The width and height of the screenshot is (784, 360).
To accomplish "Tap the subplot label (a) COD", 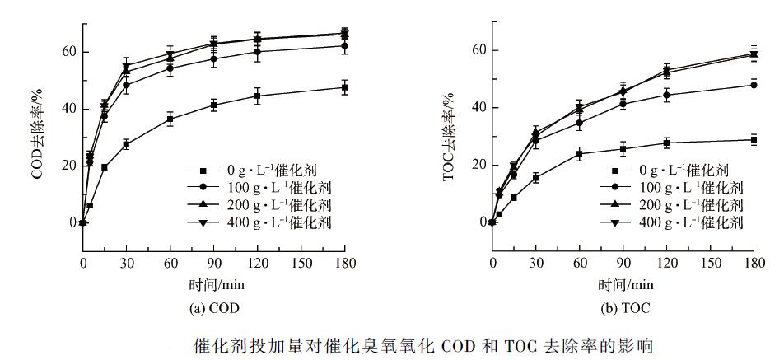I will pyautogui.click(x=215, y=309).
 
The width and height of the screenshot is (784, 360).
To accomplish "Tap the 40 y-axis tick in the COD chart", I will pyautogui.click(x=69, y=109).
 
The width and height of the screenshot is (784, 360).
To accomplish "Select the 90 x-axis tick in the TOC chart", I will pyautogui.click(x=623, y=262).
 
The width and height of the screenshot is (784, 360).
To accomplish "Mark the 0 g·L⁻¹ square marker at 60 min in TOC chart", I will pyautogui.click(x=580, y=154).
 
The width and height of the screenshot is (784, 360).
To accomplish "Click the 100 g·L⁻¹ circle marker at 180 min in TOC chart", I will pyautogui.click(x=754, y=85).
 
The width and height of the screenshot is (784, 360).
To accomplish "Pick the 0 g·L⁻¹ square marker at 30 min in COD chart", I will pyautogui.click(x=126, y=144).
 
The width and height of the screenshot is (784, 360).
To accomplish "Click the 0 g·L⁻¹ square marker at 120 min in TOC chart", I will pyautogui.click(x=667, y=143).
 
